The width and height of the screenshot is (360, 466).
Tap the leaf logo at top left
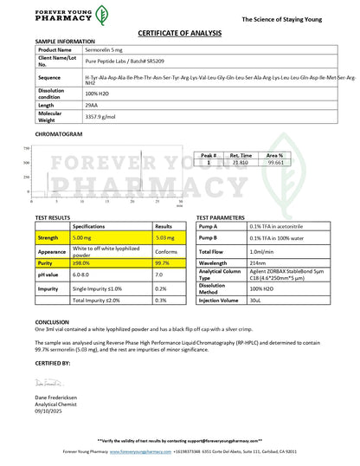tap(101, 14)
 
